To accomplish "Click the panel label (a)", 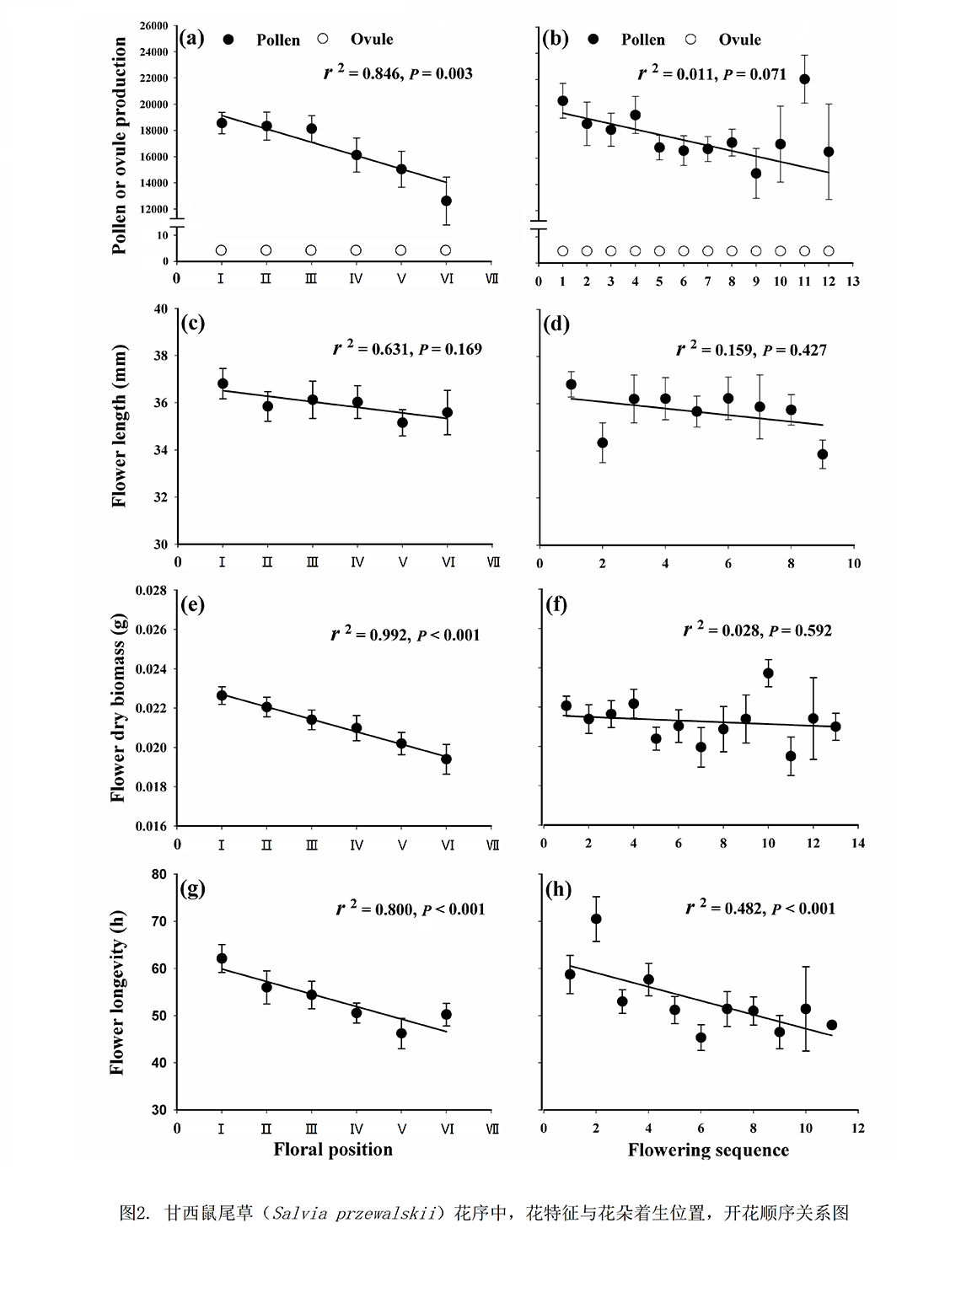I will click(x=192, y=38).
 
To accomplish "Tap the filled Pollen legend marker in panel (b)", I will click(x=595, y=40).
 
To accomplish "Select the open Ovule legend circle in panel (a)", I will click(x=323, y=39).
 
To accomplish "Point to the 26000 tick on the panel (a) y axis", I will click(x=154, y=26).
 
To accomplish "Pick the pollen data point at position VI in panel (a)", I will click(x=446, y=201).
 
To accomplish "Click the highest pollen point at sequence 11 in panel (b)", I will click(x=805, y=79).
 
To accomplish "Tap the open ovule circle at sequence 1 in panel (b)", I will click(x=563, y=250).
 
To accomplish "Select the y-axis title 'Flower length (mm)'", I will click(x=119, y=426).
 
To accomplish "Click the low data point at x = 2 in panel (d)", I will click(x=602, y=442).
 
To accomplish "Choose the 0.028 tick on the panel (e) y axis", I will click(x=153, y=591).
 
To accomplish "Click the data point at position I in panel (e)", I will click(x=222, y=695).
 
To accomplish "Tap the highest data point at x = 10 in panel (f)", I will click(x=768, y=673).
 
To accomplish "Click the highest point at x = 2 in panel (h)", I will click(x=596, y=919).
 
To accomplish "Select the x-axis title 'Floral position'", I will click(x=333, y=1150).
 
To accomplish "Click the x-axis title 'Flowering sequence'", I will click(x=708, y=1150).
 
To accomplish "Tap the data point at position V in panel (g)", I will click(x=401, y=1033).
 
